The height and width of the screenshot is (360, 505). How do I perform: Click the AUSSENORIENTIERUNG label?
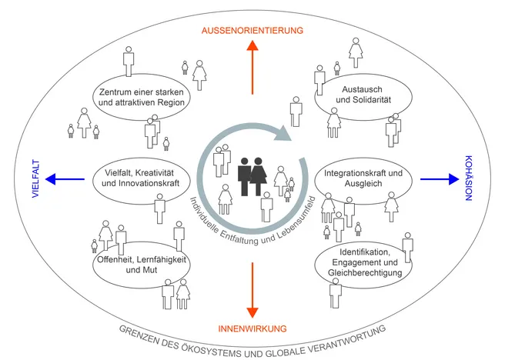point(252,30)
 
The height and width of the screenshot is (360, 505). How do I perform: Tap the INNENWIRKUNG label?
point(252,328)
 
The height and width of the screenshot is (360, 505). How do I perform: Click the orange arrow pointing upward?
point(252,68)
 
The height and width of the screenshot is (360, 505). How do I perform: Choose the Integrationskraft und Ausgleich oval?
point(360,180)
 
